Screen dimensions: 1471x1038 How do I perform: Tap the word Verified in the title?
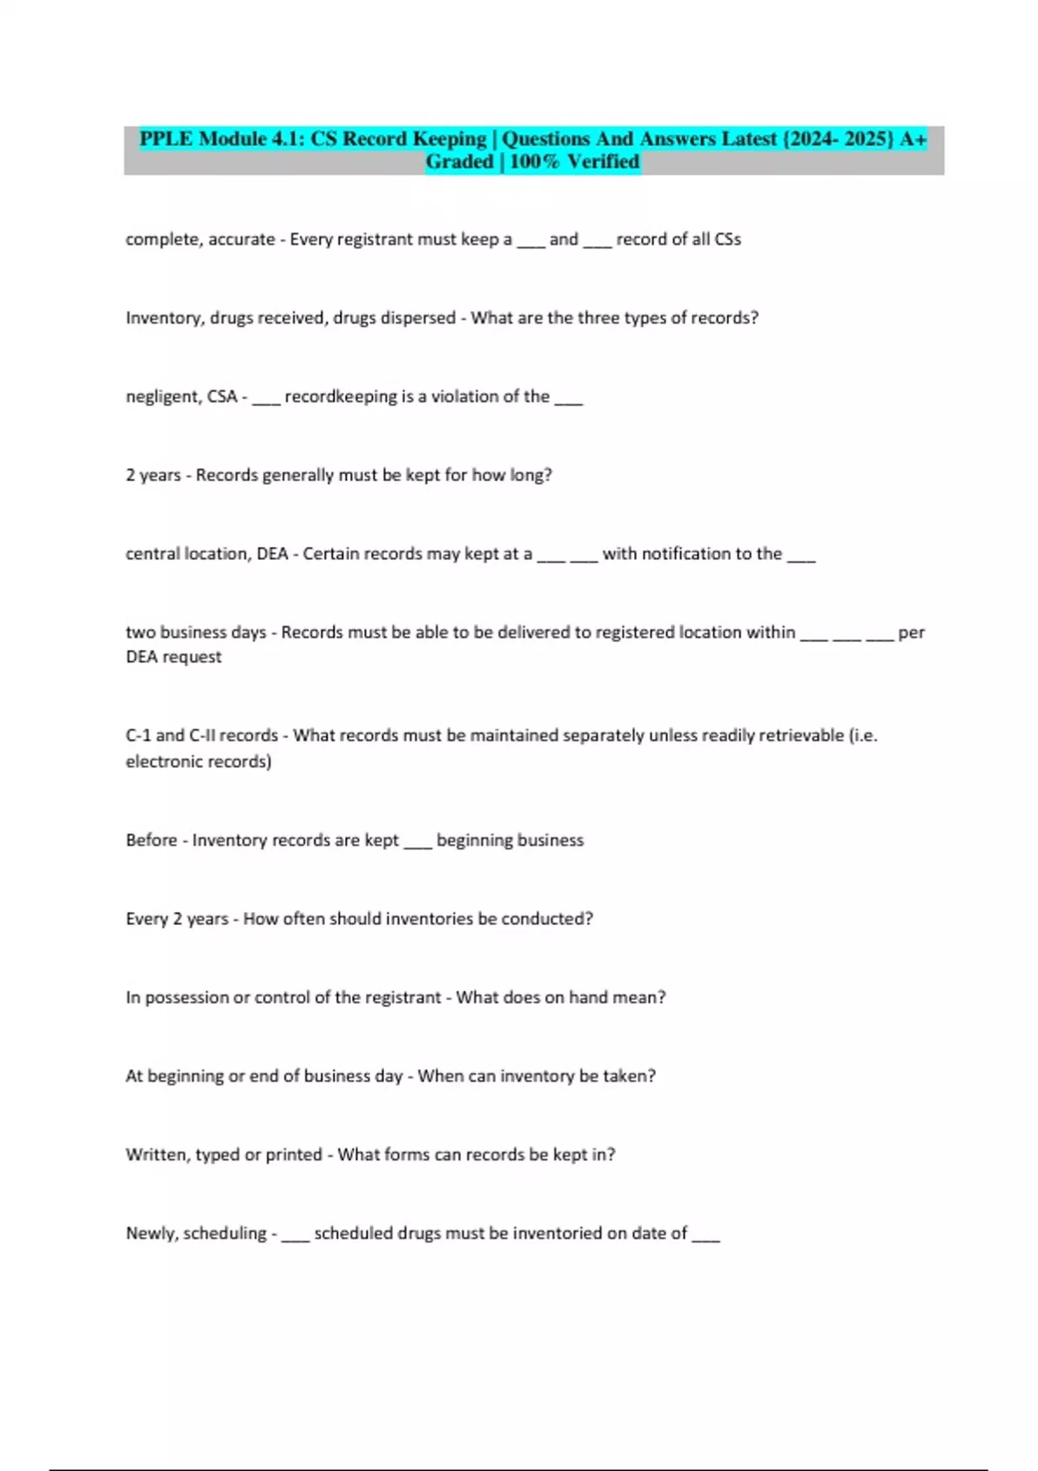(x=604, y=162)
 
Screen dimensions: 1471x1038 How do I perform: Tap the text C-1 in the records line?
(x=138, y=735)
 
